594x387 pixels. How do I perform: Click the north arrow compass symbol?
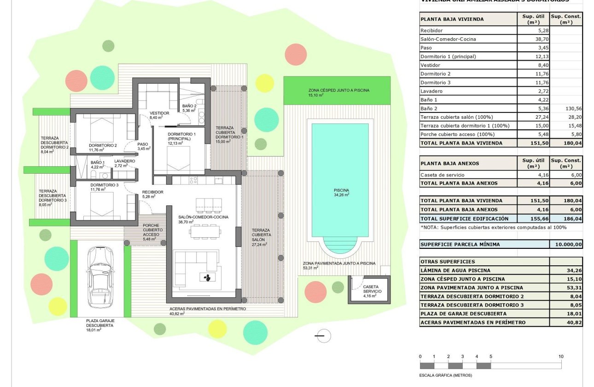coord(324,336)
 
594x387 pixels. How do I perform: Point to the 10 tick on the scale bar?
coord(560,357)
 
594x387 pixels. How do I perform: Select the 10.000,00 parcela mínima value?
coord(566,245)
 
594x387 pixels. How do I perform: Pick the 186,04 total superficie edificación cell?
coord(566,218)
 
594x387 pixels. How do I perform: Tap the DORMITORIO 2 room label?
coord(103,146)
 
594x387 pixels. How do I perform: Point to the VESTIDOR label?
coord(160,113)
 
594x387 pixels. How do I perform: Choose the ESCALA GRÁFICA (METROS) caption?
coord(446,375)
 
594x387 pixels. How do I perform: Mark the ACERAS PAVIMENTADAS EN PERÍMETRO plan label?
coord(208,309)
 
